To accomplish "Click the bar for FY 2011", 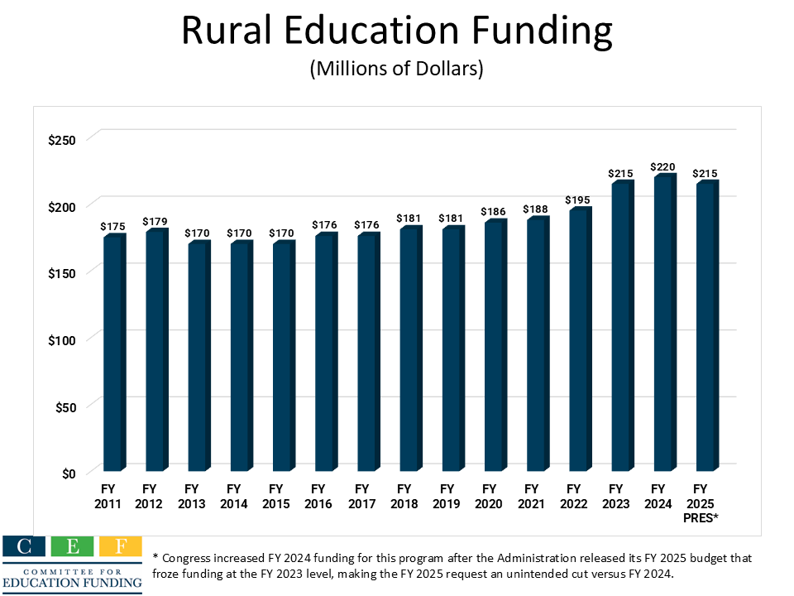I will [x=112, y=354].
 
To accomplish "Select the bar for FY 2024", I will [x=662, y=324].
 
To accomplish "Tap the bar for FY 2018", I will [x=409, y=350].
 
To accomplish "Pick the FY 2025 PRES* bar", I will [x=705, y=328].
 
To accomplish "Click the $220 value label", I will [x=664, y=167].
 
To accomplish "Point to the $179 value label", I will [x=155, y=221].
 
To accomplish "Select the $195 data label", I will [x=579, y=200].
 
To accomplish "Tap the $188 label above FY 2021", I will [x=536, y=209].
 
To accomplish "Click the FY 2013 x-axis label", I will [x=192, y=497].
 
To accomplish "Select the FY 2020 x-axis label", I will [x=489, y=497].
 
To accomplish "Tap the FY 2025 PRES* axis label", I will [x=701, y=503].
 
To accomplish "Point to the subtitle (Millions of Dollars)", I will [x=396, y=70].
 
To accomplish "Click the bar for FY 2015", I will [x=281, y=358].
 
